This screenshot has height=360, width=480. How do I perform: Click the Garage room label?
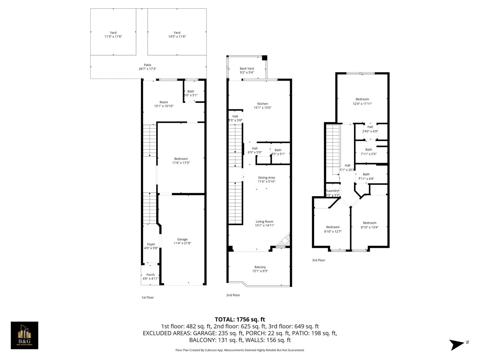182,239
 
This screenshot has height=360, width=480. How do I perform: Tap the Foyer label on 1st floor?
151,244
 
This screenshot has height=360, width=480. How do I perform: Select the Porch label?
151,274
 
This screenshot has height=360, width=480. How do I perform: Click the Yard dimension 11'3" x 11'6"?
113,37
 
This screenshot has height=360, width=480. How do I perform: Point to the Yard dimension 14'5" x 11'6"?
177,37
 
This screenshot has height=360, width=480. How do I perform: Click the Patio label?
147,65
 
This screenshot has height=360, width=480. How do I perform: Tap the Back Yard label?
247,68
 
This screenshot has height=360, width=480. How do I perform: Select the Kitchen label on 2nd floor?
262,104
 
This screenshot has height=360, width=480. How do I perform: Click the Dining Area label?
266,178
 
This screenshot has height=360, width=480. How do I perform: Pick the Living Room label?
264,222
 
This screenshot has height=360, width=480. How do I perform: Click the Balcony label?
260,267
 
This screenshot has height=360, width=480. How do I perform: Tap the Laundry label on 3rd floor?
332,191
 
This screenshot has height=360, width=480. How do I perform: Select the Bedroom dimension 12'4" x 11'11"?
362,104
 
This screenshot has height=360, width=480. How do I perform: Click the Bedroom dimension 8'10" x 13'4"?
369,227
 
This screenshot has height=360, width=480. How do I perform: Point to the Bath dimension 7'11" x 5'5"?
368,154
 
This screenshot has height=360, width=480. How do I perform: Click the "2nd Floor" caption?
233,295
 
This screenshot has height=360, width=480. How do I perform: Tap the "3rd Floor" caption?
319,260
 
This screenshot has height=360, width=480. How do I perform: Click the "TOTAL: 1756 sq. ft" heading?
240,319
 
